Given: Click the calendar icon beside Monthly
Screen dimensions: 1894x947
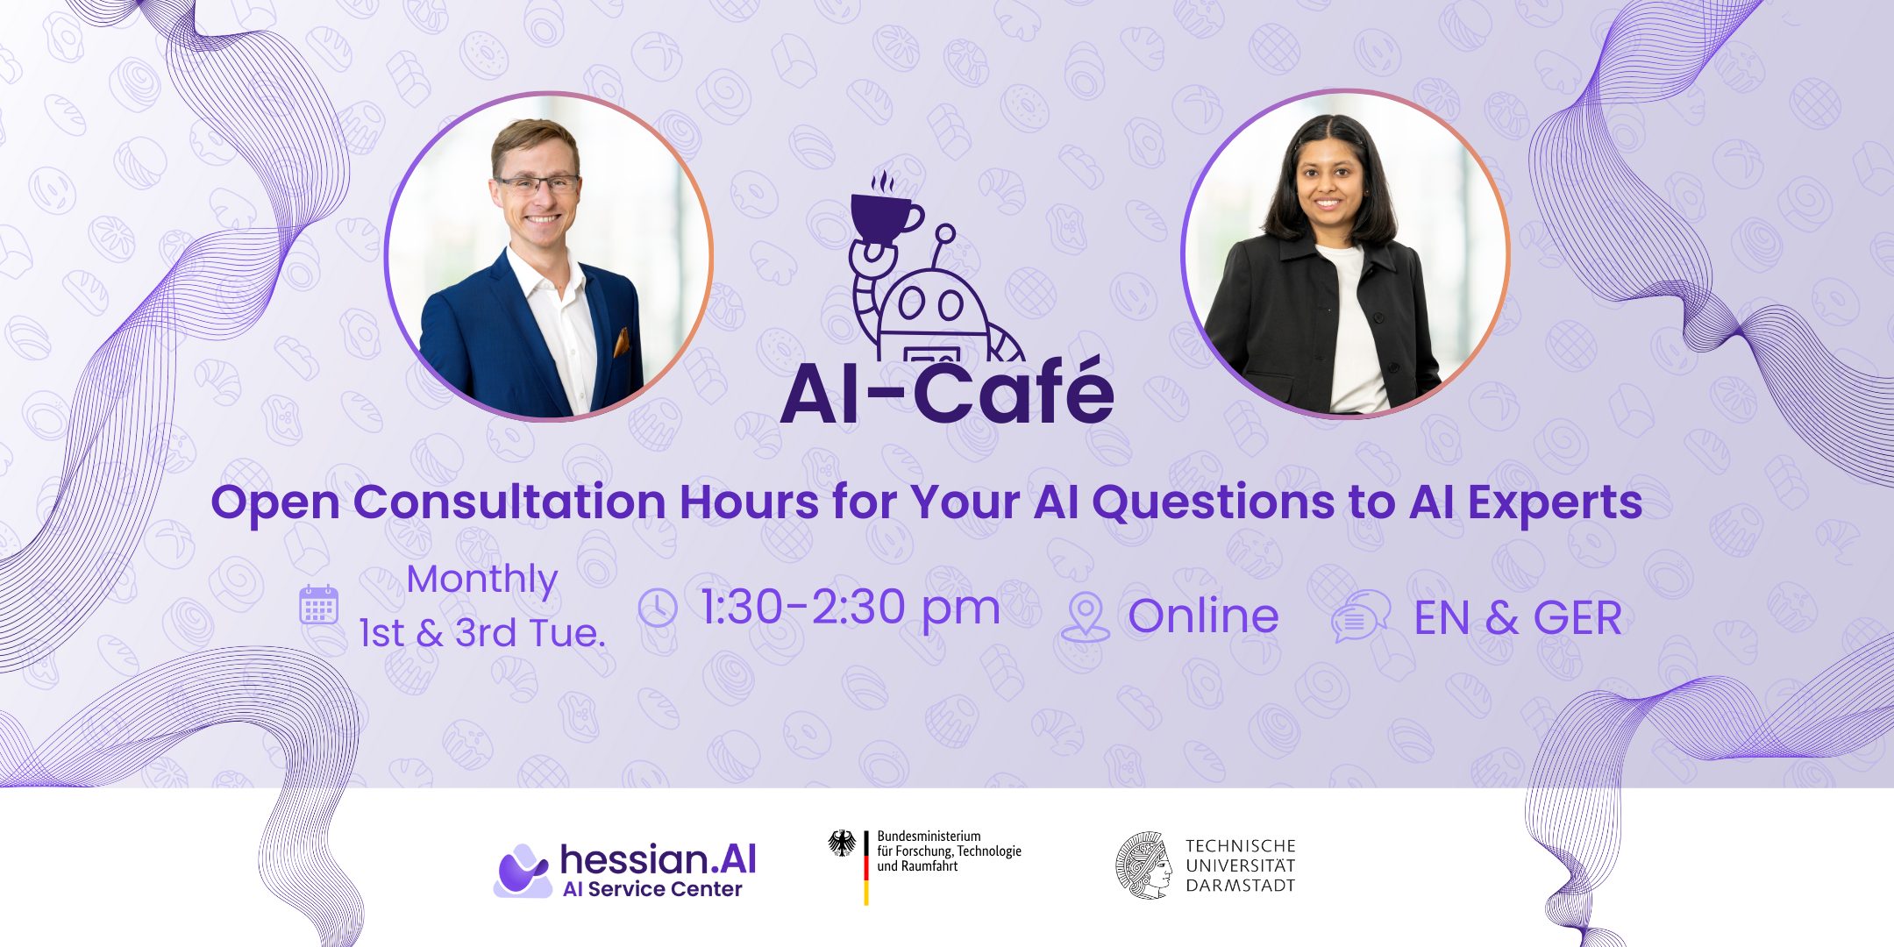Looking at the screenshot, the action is click(x=318, y=604).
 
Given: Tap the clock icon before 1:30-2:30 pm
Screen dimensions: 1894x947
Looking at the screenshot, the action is click(x=658, y=608).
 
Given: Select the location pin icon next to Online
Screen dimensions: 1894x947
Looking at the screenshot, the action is click(x=1085, y=617).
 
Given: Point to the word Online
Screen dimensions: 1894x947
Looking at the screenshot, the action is click(x=1203, y=616).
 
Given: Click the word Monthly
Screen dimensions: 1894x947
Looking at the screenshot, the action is click(x=482, y=580).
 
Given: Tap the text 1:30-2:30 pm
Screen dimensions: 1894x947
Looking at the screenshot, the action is click(x=850, y=609).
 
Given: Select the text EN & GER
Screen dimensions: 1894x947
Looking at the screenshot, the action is click(x=1518, y=617).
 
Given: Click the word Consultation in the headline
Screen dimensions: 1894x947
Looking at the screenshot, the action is click(x=509, y=502).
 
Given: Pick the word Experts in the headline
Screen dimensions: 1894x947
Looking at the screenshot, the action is click(x=1555, y=503).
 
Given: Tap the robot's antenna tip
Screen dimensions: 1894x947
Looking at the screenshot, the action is click(x=944, y=233).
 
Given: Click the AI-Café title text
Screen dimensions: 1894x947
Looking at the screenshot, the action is click(x=947, y=392).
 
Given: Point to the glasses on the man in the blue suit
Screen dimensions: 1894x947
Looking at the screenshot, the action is click(x=538, y=185).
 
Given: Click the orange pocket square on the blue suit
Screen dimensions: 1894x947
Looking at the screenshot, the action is click(x=621, y=341).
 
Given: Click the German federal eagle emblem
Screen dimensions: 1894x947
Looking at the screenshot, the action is click(x=843, y=844).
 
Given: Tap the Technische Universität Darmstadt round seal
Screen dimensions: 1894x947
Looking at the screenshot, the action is click(x=1144, y=865).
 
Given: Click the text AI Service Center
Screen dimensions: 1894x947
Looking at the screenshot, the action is click(x=652, y=889).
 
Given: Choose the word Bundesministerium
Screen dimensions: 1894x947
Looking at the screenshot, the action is click(x=929, y=837).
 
